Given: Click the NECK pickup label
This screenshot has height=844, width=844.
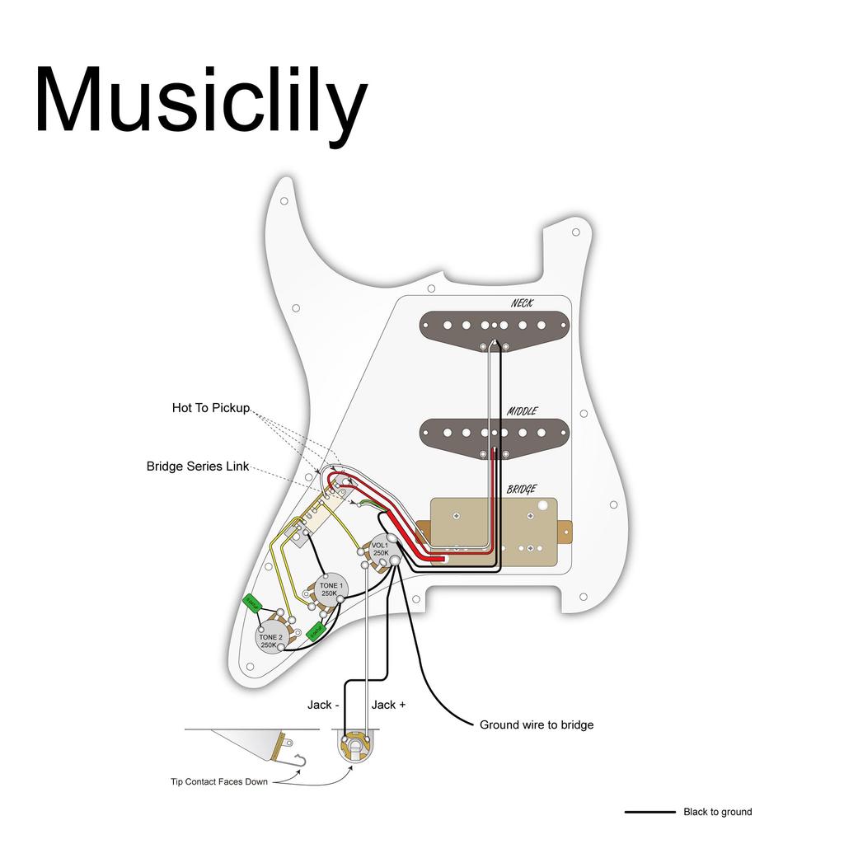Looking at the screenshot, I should pyautogui.click(x=522, y=303).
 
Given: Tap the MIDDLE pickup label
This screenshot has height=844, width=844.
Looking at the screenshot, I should pyautogui.click(x=523, y=410).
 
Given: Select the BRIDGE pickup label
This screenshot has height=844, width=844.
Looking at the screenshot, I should pyautogui.click(x=522, y=489).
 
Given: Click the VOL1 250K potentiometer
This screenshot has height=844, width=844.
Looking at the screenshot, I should pyautogui.click(x=381, y=549).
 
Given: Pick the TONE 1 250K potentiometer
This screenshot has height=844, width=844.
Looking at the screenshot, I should pyautogui.click(x=329, y=589).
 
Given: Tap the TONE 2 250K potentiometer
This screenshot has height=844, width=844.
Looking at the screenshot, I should pyautogui.click(x=270, y=640).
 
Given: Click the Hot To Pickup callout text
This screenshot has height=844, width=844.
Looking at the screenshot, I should pyautogui.click(x=210, y=408).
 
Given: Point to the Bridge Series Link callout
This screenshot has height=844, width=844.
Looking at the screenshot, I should pyautogui.click(x=198, y=467).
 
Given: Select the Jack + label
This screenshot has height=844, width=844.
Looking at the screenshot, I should pyautogui.click(x=388, y=705).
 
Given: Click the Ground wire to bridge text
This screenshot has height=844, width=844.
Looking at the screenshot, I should pyautogui.click(x=537, y=725).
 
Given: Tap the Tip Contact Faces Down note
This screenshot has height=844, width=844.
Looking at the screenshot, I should pyautogui.click(x=219, y=782).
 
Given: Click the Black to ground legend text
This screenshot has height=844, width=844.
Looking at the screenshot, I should pyautogui.click(x=717, y=812).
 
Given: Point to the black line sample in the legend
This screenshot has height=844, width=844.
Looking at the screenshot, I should pyautogui.click(x=649, y=812).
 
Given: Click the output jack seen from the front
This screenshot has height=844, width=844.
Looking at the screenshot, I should pyautogui.click(x=354, y=747).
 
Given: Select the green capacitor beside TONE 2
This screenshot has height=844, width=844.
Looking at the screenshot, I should pyautogui.click(x=252, y=603).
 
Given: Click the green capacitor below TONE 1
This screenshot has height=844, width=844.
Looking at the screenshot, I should pyautogui.click(x=315, y=631).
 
